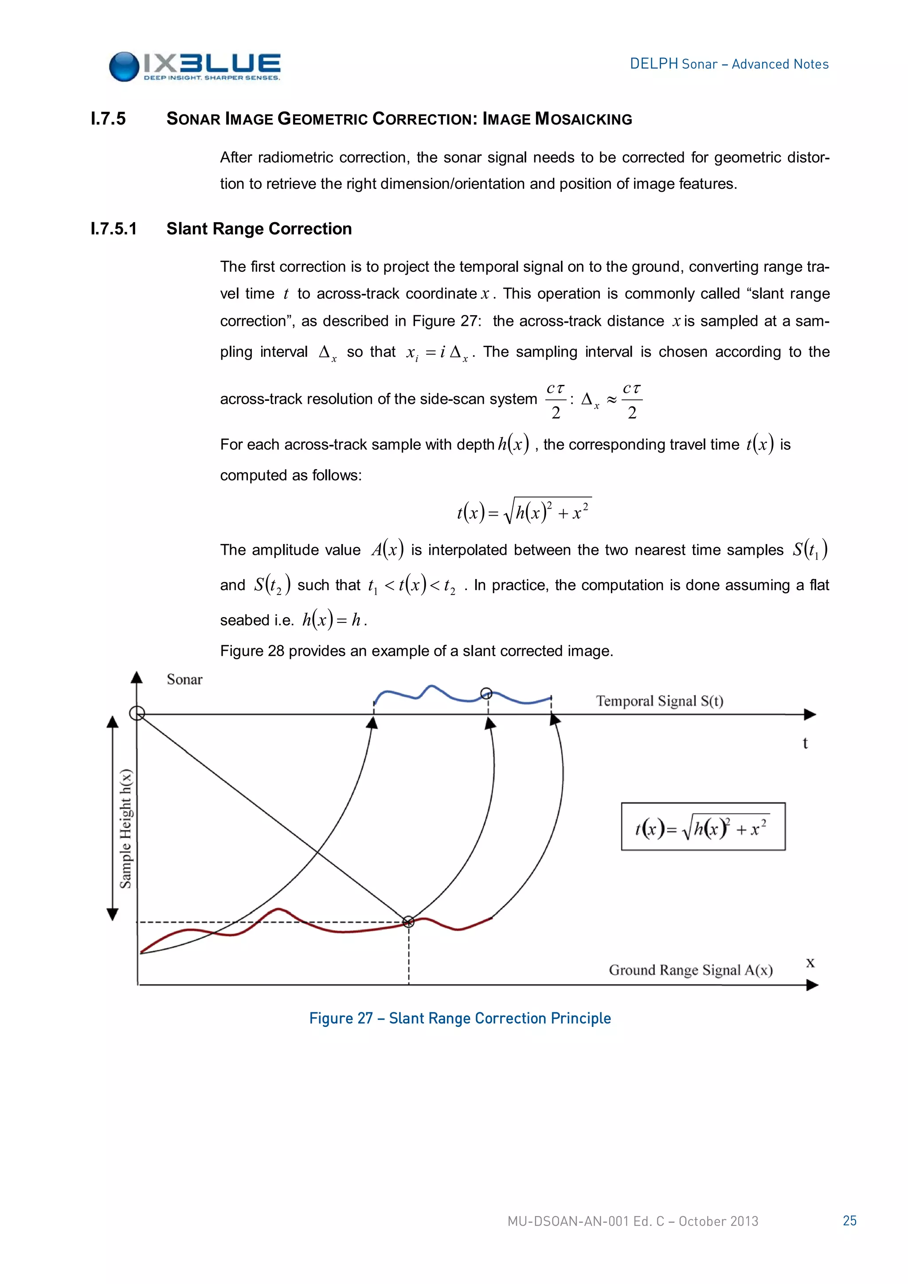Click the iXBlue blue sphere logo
pyautogui.click(x=124, y=67)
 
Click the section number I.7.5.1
pyautogui.click(x=113, y=229)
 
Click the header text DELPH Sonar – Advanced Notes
pyautogui.click(x=728, y=64)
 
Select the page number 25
pyautogui.click(x=849, y=1220)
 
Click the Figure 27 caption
pyautogui.click(x=460, y=1018)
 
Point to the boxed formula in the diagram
pyautogui.click(x=703, y=826)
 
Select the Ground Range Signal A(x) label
pyautogui.click(x=690, y=970)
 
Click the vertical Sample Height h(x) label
pyautogui.click(x=126, y=829)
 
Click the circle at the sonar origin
pyautogui.click(x=137, y=713)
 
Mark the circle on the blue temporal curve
pyautogui.click(x=486, y=693)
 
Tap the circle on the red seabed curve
pyautogui.click(x=409, y=921)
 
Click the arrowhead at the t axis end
pyautogui.click(x=810, y=714)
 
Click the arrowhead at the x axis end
pyautogui.click(x=812, y=985)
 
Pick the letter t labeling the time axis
pyautogui.click(x=805, y=743)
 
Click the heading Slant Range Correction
pyautogui.click(x=259, y=229)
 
